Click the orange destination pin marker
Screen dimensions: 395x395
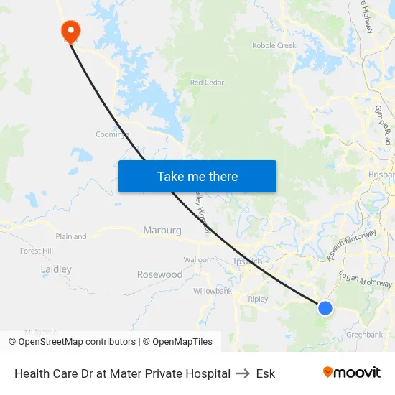pyautogui.click(x=70, y=30)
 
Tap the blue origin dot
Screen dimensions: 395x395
pyautogui.click(x=325, y=308)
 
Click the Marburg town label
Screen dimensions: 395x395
pyautogui.click(x=162, y=231)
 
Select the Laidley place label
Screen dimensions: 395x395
pyautogui.click(x=56, y=269)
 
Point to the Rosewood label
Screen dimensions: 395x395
pyautogui.click(x=159, y=274)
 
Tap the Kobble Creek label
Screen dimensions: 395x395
pyautogui.click(x=274, y=46)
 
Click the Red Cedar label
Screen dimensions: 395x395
pyautogui.click(x=207, y=83)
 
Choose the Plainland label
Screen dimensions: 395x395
pyautogui.click(x=71, y=236)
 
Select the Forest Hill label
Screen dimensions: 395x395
pyautogui.click(x=37, y=251)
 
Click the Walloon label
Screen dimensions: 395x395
pyautogui.click(x=197, y=259)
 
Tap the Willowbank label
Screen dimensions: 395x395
pyautogui.click(x=213, y=292)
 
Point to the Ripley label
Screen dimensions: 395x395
pyautogui.click(x=258, y=299)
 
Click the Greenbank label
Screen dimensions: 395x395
pyautogui.click(x=364, y=335)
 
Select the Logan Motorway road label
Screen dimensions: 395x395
pyautogui.click(x=366, y=280)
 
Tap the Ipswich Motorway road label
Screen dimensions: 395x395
pyautogui.click(x=351, y=244)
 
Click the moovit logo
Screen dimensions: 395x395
pyautogui.click(x=351, y=373)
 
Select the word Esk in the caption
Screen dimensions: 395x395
pyautogui.click(x=265, y=373)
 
